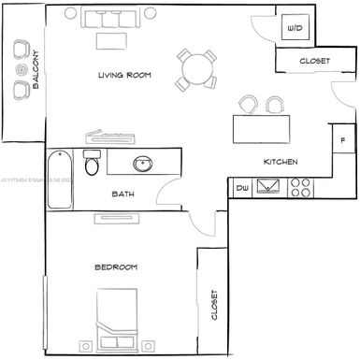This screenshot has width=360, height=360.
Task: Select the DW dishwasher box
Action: coord(242,188)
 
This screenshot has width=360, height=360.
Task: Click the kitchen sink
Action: coord(270,188)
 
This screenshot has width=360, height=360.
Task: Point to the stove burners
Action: coord(301,188)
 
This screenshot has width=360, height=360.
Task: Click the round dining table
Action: coord(197,68)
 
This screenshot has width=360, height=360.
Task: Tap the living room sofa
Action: coord(110,18)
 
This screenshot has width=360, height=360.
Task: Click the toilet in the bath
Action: coord(92,166)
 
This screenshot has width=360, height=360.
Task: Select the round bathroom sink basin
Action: coord(144,164)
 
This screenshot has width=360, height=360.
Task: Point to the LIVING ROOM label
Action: coord(125,75)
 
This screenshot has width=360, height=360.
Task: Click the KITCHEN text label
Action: coord(280,162)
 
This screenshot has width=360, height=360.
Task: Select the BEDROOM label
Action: coord(116,267)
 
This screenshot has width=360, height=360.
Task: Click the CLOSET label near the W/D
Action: coord(313,61)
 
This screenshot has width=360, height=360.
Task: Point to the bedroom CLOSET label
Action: coord(214,305)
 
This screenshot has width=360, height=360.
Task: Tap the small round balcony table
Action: coord(21,70)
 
